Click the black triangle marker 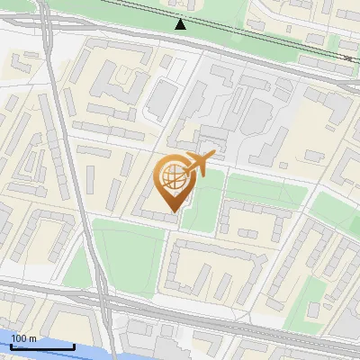(x=181, y=24)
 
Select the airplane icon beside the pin (x=199, y=165)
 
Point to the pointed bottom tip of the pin (x=172, y=211)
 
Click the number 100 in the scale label (x=20, y=338)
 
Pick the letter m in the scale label (x=32, y=338)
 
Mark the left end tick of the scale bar (x=12, y=345)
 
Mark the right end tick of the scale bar (x=74, y=345)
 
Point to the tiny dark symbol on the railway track (x=348, y=58)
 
